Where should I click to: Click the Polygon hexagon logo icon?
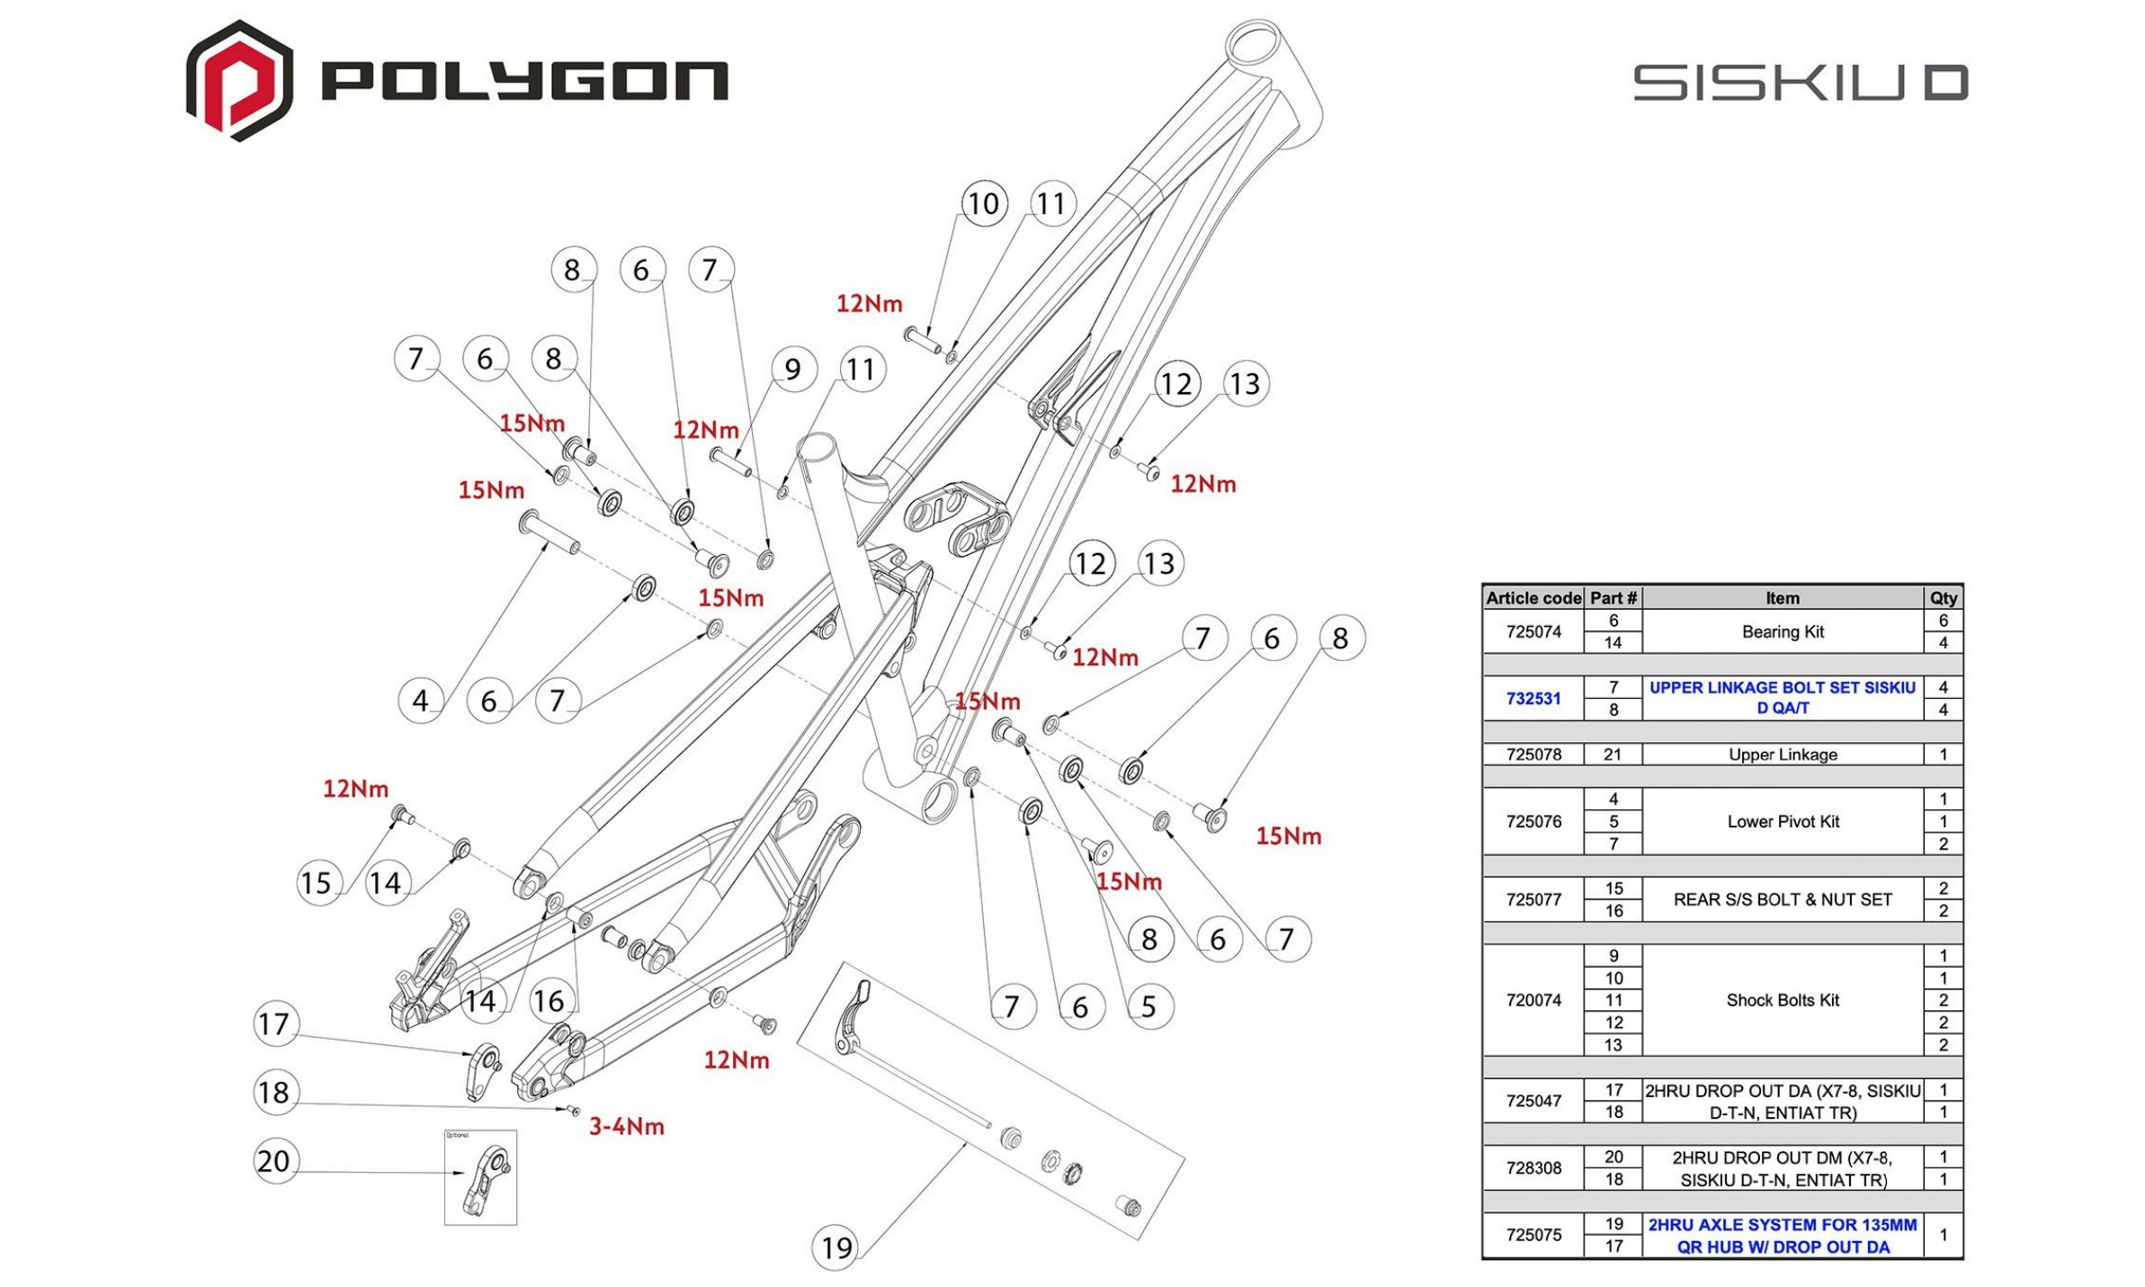pyautogui.click(x=238, y=81)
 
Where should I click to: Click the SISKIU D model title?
pyautogui.click(x=1800, y=83)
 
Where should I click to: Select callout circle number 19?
pyautogui.click(x=836, y=1247)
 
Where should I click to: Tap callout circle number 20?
pyautogui.click(x=273, y=1160)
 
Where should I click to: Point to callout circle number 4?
pyautogui.click(x=420, y=700)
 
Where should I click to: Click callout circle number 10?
pyautogui.click(x=983, y=203)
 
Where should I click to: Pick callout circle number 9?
pyautogui.click(x=792, y=369)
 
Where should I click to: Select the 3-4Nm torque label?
pyautogui.click(x=626, y=1126)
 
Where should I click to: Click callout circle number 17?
pyautogui.click(x=273, y=1023)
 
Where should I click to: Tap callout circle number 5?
pyautogui.click(x=1148, y=1006)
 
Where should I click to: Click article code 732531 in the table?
pyautogui.click(x=1533, y=698)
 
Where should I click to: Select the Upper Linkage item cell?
pyautogui.click(x=1782, y=755)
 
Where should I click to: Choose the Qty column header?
pyautogui.click(x=1943, y=598)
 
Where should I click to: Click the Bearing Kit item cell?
pyautogui.click(x=1782, y=631)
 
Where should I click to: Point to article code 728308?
pyautogui.click(x=1533, y=1167)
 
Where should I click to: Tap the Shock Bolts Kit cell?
pyautogui.click(x=1782, y=1000)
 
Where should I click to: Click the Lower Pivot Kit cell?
pyautogui.click(x=1782, y=821)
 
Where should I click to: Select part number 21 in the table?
pyautogui.click(x=1612, y=755)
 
